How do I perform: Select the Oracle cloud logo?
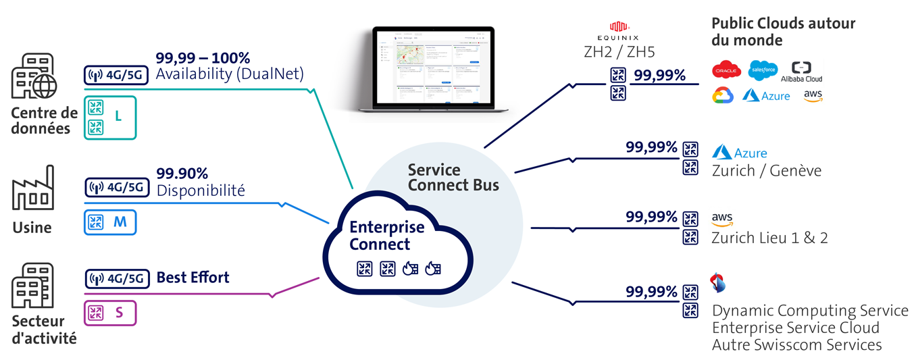pos(727,70)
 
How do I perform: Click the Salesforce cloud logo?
pos(763,70)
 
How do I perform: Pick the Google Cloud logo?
pos(723,96)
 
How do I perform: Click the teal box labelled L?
pos(110,117)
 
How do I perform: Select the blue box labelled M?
pos(110,222)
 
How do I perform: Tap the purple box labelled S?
pos(110,313)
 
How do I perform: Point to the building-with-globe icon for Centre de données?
pos(34,76)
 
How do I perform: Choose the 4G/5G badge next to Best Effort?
pos(116,278)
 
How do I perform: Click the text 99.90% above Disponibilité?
pos(182,174)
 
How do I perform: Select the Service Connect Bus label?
pos(453,177)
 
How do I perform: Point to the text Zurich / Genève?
pos(766,171)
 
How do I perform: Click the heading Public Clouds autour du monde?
pos(782,32)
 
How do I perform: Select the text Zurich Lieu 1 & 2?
pos(769,238)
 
